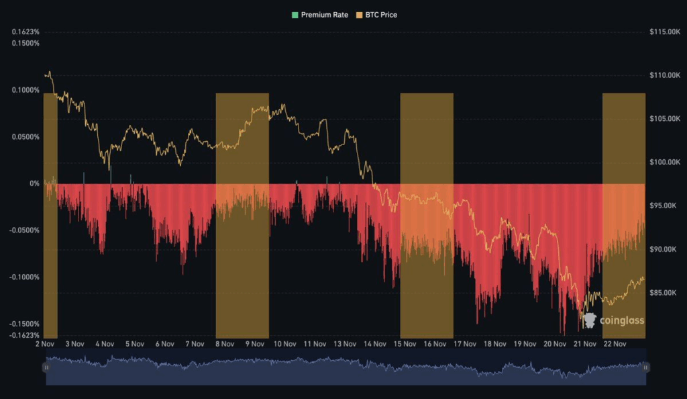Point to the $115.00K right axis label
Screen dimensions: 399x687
pos(666,32)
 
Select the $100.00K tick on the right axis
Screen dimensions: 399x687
pos(666,163)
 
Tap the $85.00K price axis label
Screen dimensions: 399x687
pos(665,293)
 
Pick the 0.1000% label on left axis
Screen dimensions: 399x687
pos(25,90)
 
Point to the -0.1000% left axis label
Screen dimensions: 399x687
pos(24,277)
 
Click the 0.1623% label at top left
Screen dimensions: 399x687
pos(25,32)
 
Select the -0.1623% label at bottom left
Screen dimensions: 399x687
pos(24,335)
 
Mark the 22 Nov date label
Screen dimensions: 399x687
pos(615,344)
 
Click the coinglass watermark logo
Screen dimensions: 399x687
pos(613,320)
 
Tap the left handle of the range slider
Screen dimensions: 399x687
pos(46,367)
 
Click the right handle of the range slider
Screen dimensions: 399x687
pos(645,367)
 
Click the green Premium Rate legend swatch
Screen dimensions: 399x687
pos(295,15)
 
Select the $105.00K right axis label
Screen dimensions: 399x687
pos(666,119)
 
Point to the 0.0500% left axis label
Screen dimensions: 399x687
pos(25,137)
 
